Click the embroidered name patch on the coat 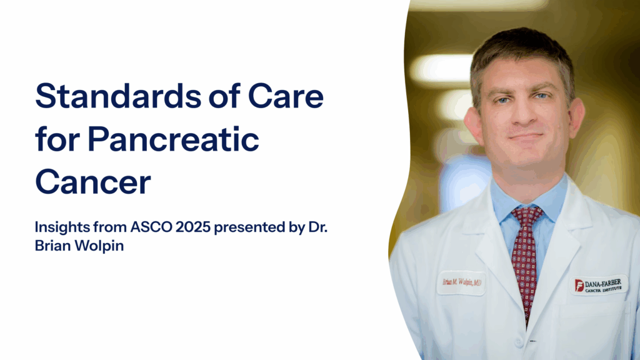(460, 282)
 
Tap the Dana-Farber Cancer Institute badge (599, 285)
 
